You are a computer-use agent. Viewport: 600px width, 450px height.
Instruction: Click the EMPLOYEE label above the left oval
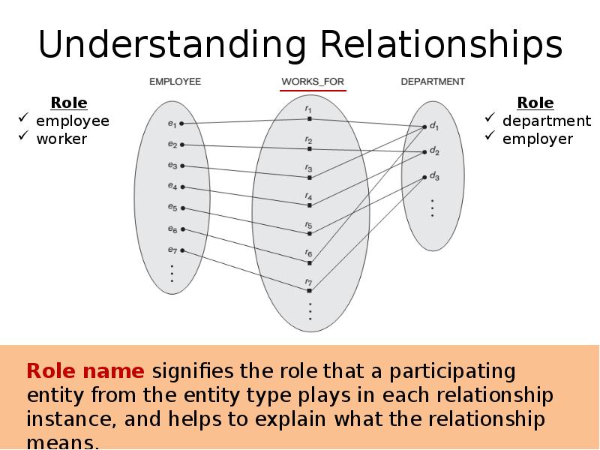[x=175, y=82]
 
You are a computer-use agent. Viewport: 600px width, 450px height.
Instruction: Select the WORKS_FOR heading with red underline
[x=313, y=82]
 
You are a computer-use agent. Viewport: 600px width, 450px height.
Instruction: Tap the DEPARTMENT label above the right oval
[x=433, y=82]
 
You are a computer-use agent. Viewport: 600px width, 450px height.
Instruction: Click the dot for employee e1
[x=182, y=123]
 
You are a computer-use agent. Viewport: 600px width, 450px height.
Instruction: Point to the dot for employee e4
[x=182, y=187]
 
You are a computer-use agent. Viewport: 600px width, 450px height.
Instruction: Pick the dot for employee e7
[x=182, y=250]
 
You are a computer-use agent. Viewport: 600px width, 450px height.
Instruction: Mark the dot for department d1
[x=424, y=127]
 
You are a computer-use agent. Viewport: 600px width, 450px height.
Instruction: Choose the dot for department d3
[x=424, y=177]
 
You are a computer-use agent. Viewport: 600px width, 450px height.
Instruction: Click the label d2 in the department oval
[x=434, y=151]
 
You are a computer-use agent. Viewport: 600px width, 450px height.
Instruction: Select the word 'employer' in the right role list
[x=537, y=139]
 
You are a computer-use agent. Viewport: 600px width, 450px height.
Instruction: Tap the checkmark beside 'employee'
[x=23, y=120]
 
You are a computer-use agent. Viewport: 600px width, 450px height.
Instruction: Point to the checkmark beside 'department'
[x=490, y=120]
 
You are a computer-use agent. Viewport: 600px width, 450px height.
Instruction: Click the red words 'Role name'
[x=85, y=371]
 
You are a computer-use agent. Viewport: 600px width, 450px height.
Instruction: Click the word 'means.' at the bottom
[x=63, y=442]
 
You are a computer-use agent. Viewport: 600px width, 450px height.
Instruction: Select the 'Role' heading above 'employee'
[x=69, y=103]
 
